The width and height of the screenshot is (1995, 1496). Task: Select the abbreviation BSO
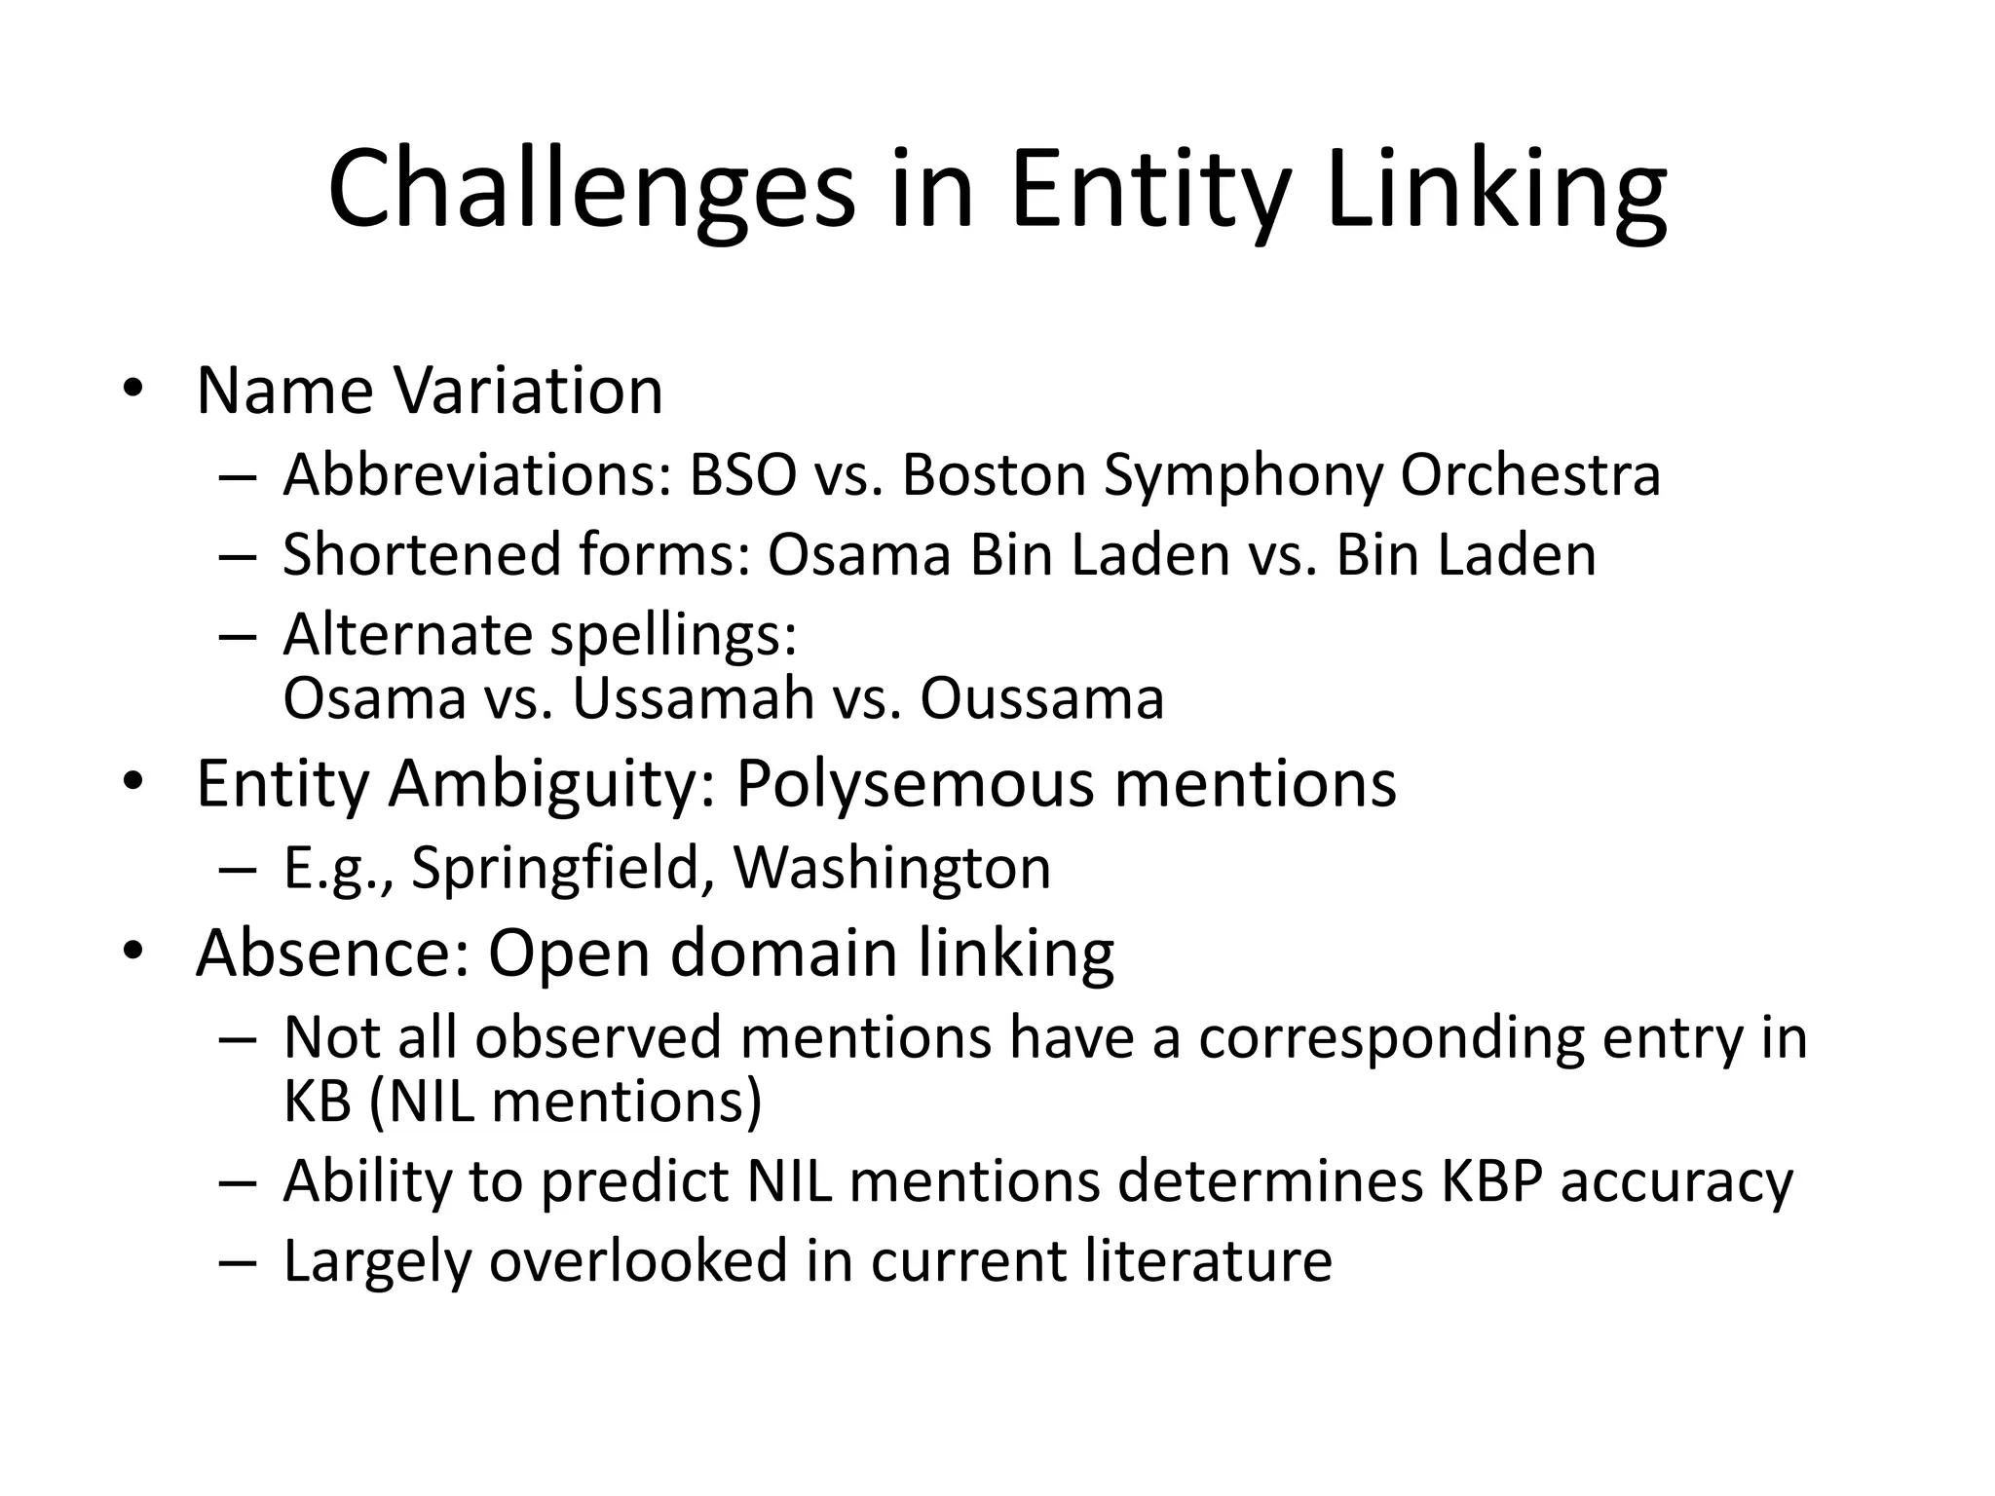[x=742, y=476]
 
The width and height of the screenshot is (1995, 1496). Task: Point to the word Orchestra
[x=1530, y=476]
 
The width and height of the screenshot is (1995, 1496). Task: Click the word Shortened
[x=422, y=555]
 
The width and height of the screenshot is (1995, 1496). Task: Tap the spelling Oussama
[x=1041, y=698]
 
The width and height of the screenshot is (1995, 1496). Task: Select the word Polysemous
[x=915, y=784]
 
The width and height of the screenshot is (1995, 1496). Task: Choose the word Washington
[x=891, y=868]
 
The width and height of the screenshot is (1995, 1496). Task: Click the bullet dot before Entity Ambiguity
[x=132, y=782]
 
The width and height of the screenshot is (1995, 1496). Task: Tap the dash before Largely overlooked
[x=238, y=1263]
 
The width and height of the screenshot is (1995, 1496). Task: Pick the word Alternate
[x=407, y=635]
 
